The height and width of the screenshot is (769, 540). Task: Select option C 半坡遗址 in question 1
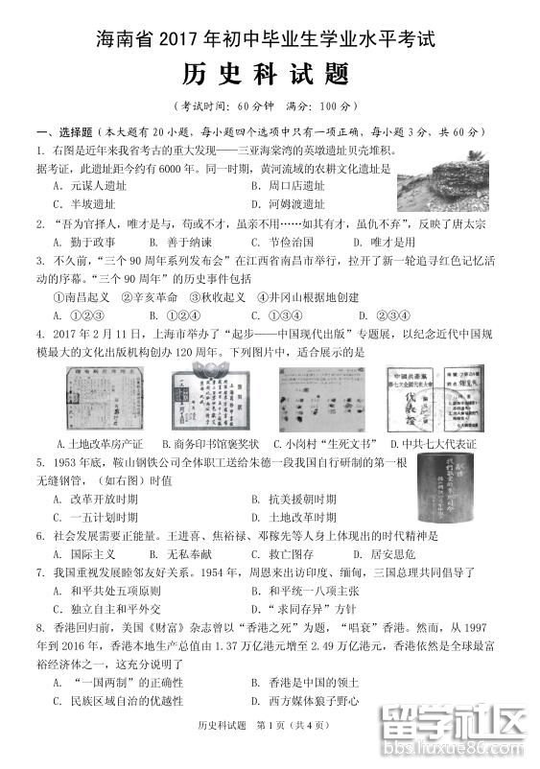coord(86,204)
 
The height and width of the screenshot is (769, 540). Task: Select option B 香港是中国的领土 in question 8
coord(305,683)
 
